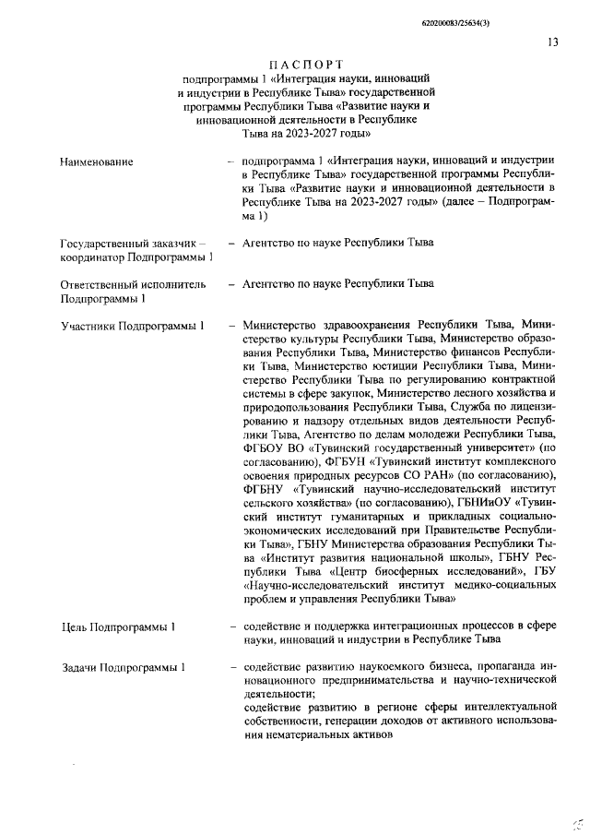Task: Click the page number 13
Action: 553,42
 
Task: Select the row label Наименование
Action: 96,162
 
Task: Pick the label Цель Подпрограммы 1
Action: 118,627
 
